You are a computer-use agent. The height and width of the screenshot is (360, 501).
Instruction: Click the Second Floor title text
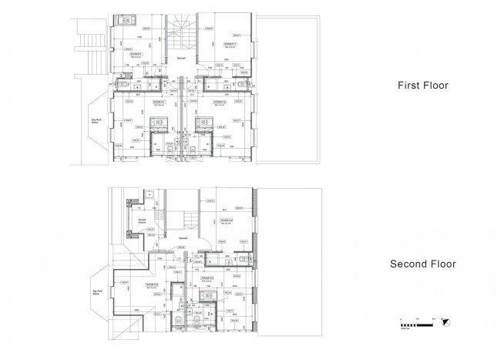pos(422,264)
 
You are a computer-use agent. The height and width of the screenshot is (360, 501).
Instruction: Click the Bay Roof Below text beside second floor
pos(98,292)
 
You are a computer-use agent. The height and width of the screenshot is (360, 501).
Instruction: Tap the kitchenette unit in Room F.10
pos(203,123)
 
